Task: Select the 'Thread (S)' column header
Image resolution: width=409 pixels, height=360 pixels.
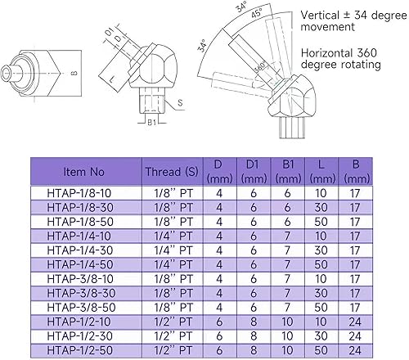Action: tap(173, 172)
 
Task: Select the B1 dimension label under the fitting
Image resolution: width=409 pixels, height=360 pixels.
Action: tap(151, 124)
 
